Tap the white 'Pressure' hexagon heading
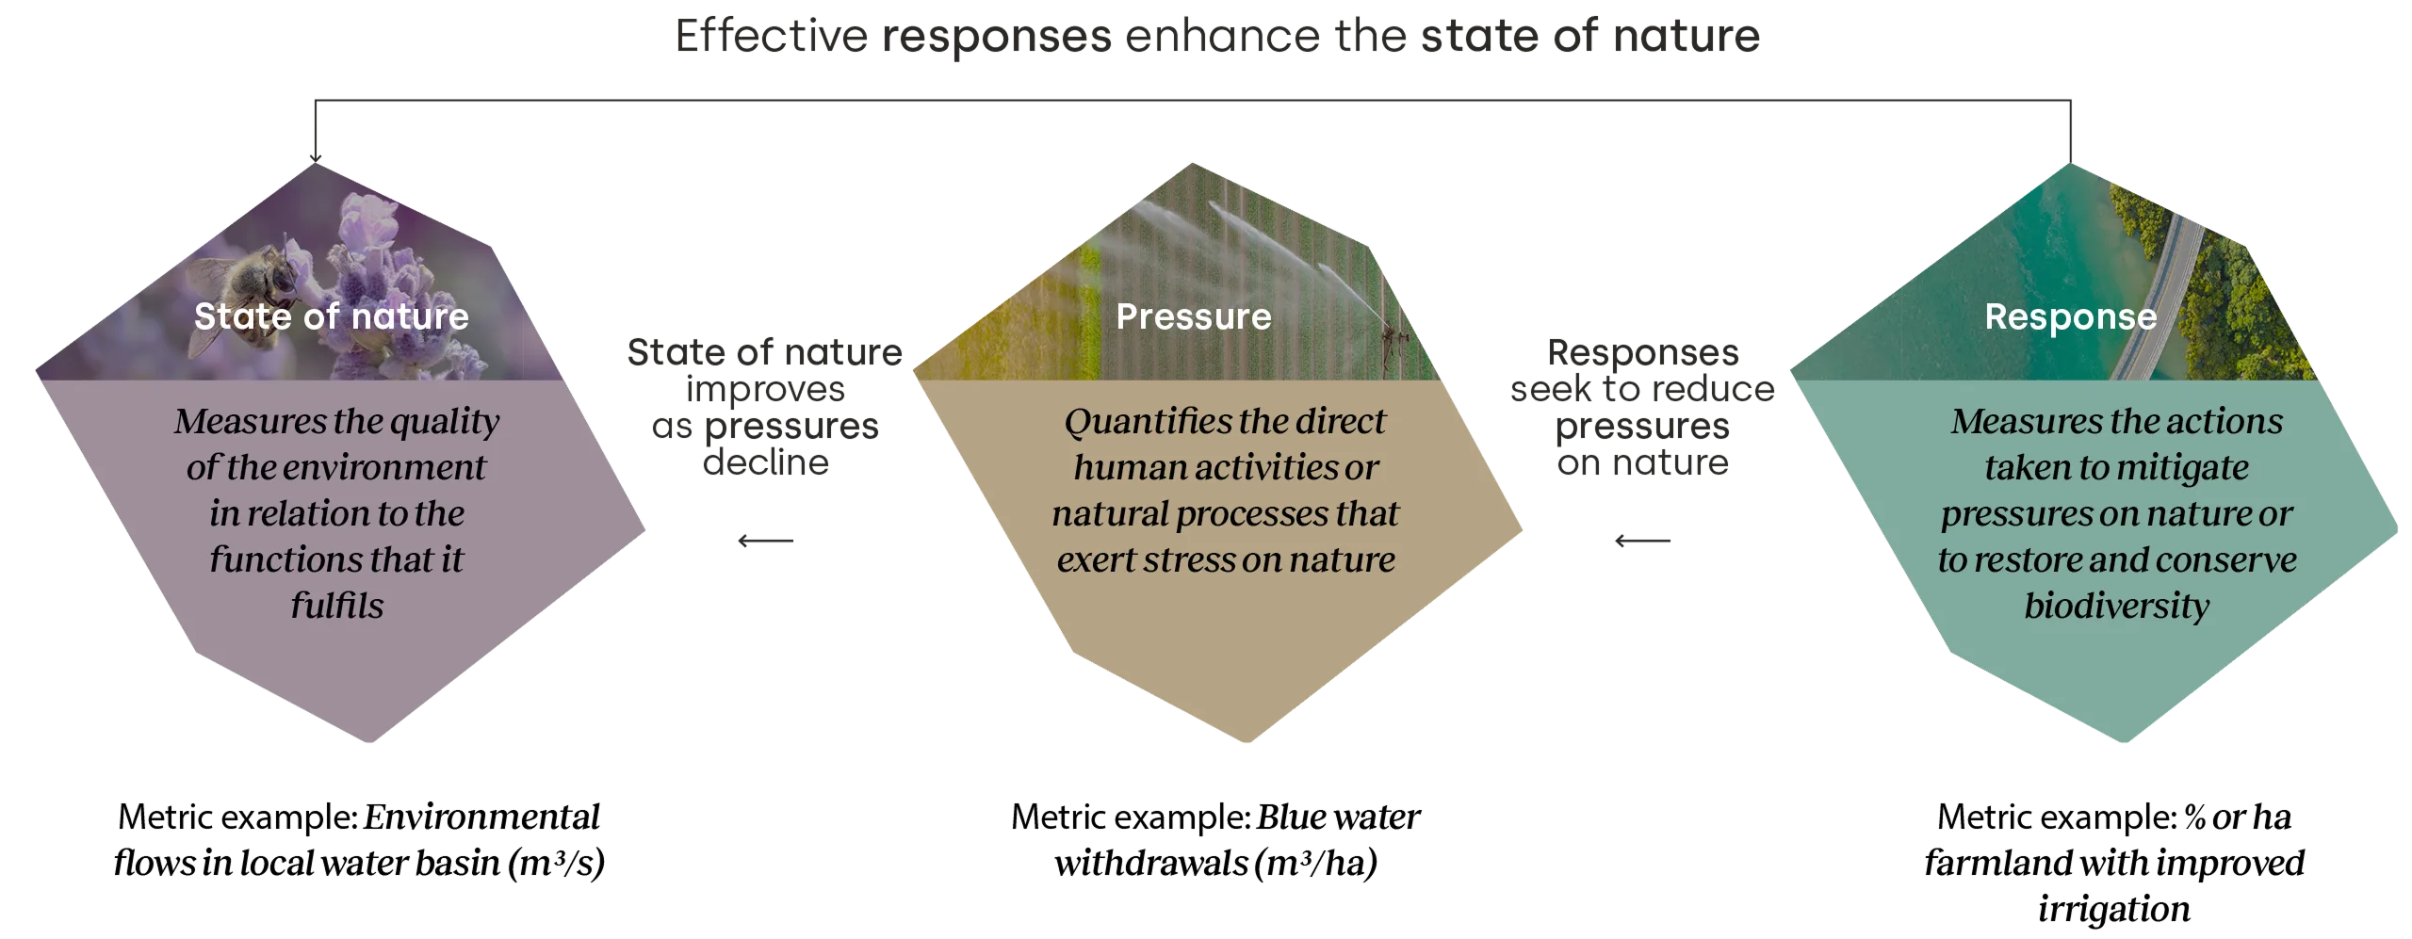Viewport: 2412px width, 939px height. (1194, 316)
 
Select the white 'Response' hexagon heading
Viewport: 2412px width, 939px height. (2071, 317)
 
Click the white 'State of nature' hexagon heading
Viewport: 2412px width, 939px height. (332, 316)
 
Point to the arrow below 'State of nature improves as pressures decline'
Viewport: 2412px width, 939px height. (766, 541)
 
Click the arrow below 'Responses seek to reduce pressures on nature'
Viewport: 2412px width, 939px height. (1642, 541)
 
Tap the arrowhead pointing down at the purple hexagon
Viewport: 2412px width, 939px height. (316, 158)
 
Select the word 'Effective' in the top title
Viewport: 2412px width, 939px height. (772, 36)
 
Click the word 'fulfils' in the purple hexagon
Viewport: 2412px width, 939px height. (337, 606)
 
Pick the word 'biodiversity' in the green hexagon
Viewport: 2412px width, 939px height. (2117, 607)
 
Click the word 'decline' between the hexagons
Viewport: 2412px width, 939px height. (766, 462)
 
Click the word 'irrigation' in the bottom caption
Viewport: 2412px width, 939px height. (2114, 910)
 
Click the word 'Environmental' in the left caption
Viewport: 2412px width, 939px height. (481, 817)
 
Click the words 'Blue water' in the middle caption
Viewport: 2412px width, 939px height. (1338, 817)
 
